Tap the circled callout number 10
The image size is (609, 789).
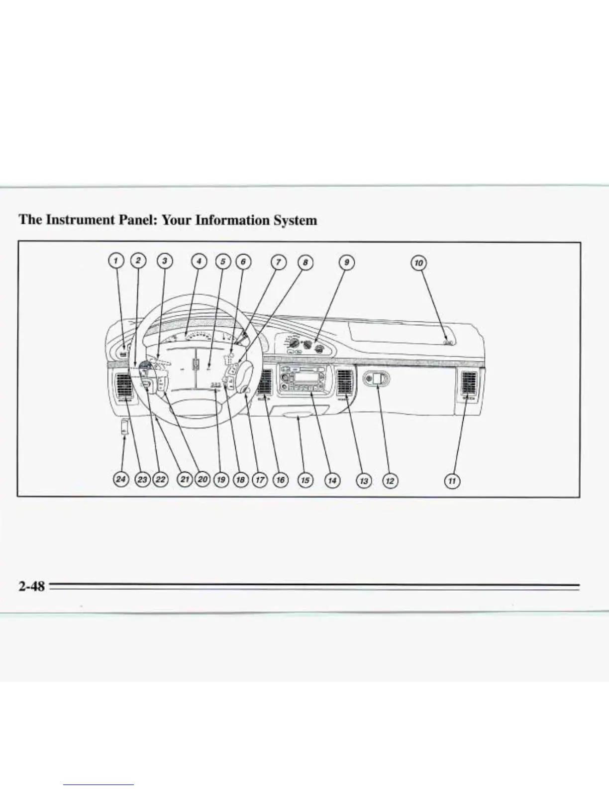pyautogui.click(x=419, y=262)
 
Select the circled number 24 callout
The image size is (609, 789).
pyautogui.click(x=121, y=479)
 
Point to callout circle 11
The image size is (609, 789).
pyautogui.click(x=452, y=481)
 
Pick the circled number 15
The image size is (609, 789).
pyautogui.click(x=305, y=480)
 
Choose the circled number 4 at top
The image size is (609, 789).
pyautogui.click(x=199, y=261)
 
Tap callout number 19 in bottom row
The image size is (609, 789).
pyautogui.click(x=220, y=480)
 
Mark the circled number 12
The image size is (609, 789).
pyautogui.click(x=390, y=481)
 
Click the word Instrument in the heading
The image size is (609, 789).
pyautogui.click(x=87, y=220)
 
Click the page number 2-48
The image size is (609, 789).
pyautogui.click(x=31, y=586)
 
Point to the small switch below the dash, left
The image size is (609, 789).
pyautogui.click(x=124, y=427)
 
